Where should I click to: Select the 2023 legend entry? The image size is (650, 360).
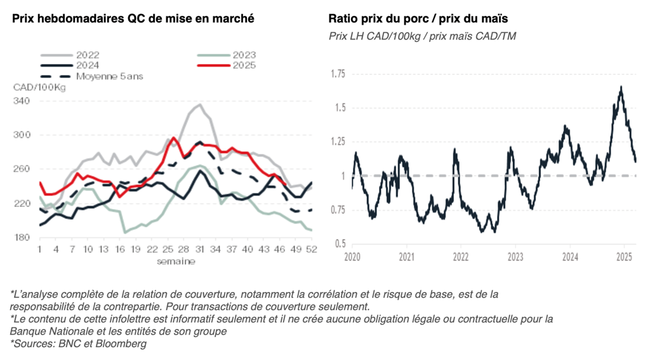pos(244,55)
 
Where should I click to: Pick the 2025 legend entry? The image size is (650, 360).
pos(244,65)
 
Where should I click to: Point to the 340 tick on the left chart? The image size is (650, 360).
pos(22,101)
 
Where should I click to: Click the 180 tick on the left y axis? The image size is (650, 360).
pos(22,237)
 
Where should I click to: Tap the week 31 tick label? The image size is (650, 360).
pos(200,250)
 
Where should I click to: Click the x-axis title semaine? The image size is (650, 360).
pos(176,261)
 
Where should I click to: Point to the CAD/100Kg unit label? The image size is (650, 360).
pos(39,87)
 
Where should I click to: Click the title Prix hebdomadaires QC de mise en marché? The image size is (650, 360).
pos(133,18)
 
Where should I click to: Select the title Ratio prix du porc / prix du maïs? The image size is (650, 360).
pos(418,18)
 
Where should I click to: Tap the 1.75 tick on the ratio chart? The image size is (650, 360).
pos(338,74)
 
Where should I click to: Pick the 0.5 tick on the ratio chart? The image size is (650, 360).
pos(340,244)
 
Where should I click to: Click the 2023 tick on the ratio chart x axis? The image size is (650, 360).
pos(515,257)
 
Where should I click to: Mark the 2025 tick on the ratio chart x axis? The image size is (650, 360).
pos(624,257)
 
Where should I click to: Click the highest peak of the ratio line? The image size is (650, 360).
pos(620,87)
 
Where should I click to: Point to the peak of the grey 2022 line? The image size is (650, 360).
pos(199,105)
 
